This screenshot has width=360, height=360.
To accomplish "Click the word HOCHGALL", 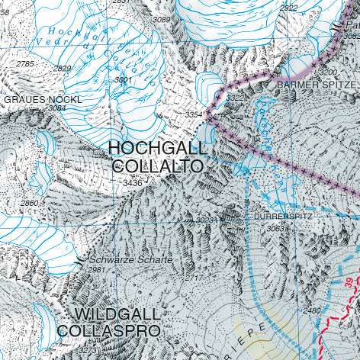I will pyautogui.click(x=157, y=148).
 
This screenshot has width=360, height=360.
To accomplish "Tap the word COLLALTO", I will pyautogui.click(x=158, y=166).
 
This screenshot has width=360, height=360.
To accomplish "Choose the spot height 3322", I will pyautogui.click(x=236, y=98).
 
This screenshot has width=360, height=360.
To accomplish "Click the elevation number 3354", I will pyautogui.click(x=194, y=114).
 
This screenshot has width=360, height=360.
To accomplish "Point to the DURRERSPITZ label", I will pyautogui.click(x=282, y=217).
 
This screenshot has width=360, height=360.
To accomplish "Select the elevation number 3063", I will pyautogui.click(x=276, y=228).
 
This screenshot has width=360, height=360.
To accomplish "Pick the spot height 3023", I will pyautogui.click(x=205, y=220).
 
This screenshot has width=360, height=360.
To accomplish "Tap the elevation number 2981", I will pyautogui.click(x=96, y=270).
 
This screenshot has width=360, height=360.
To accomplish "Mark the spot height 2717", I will pyautogui.click(x=194, y=278).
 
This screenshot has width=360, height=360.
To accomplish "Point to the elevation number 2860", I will pyautogui.click(x=29, y=204).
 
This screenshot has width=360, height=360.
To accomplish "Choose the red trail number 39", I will pyautogui.click(x=350, y=283).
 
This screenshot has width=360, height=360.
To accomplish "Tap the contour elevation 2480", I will pyautogui.click(x=312, y=310).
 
